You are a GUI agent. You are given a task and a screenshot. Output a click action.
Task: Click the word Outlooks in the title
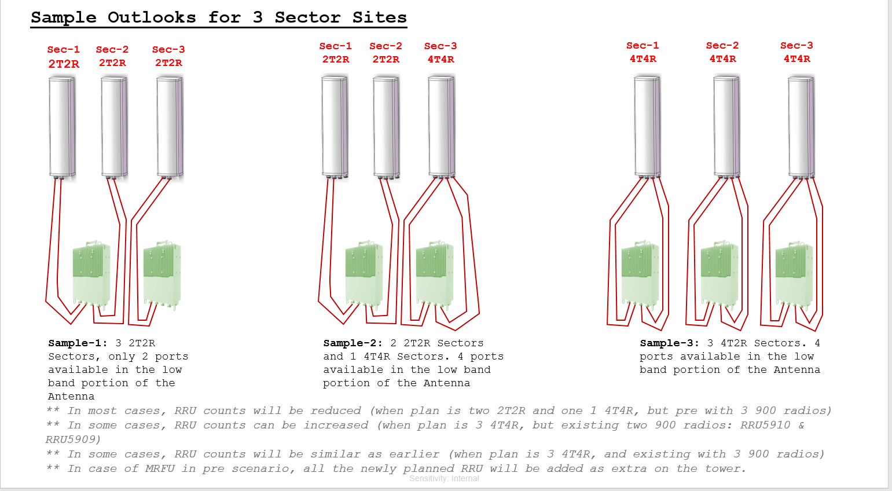152,17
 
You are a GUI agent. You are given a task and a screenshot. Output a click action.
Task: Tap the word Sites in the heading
380,17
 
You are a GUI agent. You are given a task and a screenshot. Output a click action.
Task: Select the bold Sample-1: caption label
78,343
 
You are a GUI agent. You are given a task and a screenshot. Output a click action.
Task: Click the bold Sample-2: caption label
353,343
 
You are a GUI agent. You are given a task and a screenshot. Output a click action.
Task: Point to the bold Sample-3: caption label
669,343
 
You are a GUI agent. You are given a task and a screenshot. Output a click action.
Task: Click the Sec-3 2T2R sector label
168,56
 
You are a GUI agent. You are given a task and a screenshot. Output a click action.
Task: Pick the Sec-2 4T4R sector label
722,52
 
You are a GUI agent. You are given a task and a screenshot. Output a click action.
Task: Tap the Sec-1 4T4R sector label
643,52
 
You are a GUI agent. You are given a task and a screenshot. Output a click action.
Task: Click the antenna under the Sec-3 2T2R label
170,127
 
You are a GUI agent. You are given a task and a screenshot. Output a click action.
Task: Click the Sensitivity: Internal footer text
444,478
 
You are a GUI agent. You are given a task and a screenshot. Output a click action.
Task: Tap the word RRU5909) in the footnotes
74,439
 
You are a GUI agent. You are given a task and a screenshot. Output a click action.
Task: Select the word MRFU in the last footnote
160,468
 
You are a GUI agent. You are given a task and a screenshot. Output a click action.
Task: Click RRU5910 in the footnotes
765,425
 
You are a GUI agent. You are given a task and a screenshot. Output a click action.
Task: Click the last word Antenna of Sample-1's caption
71,396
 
